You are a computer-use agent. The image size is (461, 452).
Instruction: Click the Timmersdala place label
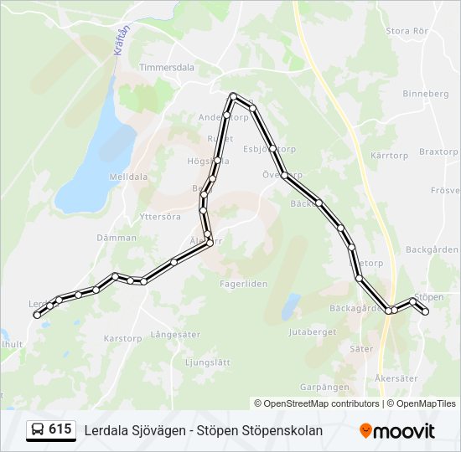pyautogui.click(x=166, y=68)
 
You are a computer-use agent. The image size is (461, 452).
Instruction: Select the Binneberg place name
pyautogui.click(x=427, y=94)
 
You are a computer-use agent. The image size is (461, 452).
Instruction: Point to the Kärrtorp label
pyautogui.click(x=388, y=157)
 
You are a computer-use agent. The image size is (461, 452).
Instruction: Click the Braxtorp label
pyautogui.click(x=438, y=152)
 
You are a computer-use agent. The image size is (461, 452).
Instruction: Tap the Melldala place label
pyautogui.click(x=128, y=177)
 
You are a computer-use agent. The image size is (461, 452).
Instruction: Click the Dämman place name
pyautogui.click(x=117, y=238)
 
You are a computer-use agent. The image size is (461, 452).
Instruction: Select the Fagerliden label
pyautogui.click(x=244, y=284)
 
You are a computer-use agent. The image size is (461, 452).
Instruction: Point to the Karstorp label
pyautogui.click(x=122, y=339)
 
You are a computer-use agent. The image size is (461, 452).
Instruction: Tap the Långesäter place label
pyautogui.click(x=175, y=335)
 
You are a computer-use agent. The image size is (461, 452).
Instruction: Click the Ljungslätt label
pyautogui.click(x=206, y=362)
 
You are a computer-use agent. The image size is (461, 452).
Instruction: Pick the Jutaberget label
pyautogui.click(x=311, y=332)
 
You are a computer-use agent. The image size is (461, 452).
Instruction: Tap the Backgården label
pyautogui.click(x=433, y=249)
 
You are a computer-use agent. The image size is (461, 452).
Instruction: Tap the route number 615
pyautogui.click(x=60, y=429)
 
